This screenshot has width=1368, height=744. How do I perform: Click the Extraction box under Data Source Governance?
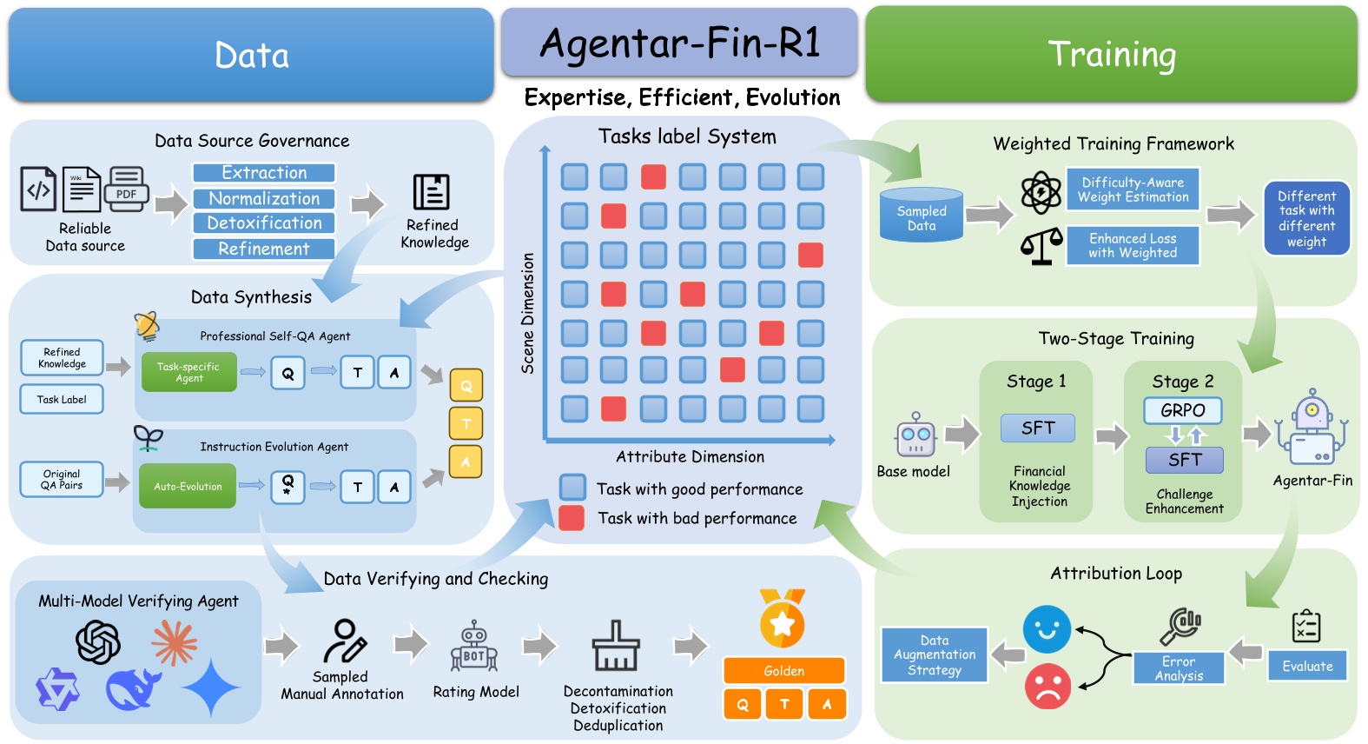(x=264, y=173)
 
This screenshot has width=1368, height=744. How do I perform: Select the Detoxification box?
(x=264, y=223)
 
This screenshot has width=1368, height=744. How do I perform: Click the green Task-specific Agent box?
(x=188, y=373)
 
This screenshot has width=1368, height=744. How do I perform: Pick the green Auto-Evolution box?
(x=188, y=487)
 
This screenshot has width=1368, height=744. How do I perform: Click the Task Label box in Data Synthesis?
(x=62, y=400)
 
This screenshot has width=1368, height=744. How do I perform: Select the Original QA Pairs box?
(x=62, y=480)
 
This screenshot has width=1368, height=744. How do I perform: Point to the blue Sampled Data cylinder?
(x=922, y=216)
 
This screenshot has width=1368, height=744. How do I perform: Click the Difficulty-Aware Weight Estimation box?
(x=1133, y=189)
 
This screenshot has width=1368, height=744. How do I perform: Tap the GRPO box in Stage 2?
(x=1183, y=410)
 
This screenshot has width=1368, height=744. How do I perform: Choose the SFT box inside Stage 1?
(x=1037, y=428)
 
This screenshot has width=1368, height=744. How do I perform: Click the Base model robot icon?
(x=915, y=435)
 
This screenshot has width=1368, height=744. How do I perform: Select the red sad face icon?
(x=1047, y=687)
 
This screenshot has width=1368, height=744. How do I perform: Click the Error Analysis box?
(x=1179, y=668)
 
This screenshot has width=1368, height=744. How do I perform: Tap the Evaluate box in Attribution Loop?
(x=1307, y=667)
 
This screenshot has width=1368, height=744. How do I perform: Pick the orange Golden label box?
(x=783, y=671)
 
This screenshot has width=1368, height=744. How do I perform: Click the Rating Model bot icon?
(x=474, y=648)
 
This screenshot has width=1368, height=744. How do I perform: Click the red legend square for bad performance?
(x=572, y=518)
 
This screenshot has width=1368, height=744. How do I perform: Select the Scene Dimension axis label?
(x=527, y=314)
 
